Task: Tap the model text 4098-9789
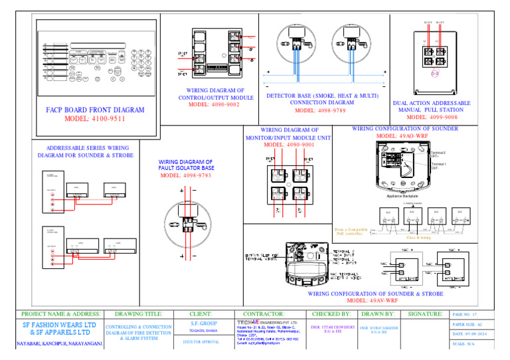tap(323, 111)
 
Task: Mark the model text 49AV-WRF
tap(375, 300)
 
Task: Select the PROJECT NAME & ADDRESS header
tap(61, 314)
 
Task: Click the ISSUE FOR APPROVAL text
tap(200, 343)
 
